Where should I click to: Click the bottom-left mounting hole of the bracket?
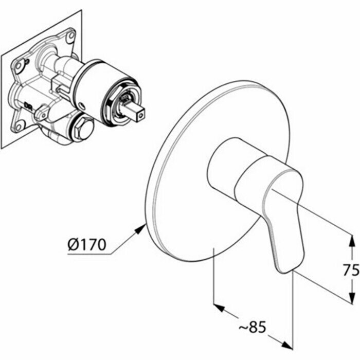[x=19, y=124]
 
